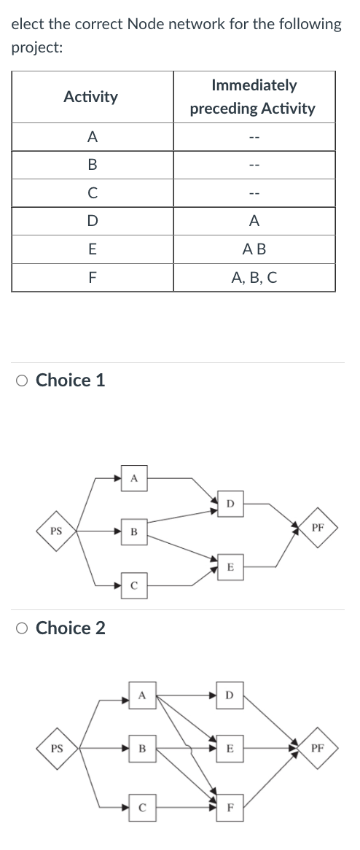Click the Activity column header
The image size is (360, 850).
[90, 97]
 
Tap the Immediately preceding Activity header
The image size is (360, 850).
[253, 97]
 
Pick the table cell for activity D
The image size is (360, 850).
[90, 221]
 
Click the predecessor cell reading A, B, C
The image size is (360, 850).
[253, 277]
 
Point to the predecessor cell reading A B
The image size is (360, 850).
[253, 249]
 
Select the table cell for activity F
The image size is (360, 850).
[90, 277]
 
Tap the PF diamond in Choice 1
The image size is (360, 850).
[318, 526]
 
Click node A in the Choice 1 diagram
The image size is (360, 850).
[133, 478]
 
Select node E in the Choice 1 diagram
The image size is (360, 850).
[230, 566]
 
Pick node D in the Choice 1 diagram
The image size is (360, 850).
[230, 503]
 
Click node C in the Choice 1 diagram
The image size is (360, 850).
[133, 585]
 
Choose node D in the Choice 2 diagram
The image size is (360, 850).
[230, 695]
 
